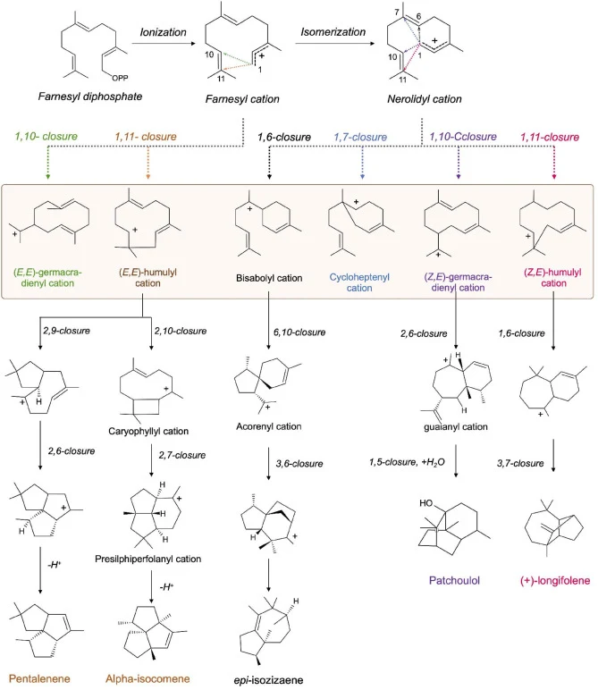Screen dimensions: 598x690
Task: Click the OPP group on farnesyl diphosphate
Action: coord(120,79)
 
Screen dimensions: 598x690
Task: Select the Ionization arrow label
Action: coord(164,32)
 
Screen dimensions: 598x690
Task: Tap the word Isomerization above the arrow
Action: coord(333,31)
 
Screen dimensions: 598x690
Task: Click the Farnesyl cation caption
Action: coord(242,99)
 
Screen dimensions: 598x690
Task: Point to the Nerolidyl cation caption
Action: coord(425,99)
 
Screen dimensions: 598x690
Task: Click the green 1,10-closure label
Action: coord(46,137)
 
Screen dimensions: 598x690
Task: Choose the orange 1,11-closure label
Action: coord(146,137)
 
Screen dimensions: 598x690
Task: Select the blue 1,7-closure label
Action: coord(360,138)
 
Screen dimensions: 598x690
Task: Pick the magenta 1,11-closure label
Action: coord(550,138)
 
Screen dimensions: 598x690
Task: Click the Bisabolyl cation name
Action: coord(269,278)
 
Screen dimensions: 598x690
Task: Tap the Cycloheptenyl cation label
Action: coord(359,282)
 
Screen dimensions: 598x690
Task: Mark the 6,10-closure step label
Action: coord(299,332)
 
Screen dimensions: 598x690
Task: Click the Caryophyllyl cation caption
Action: coord(148,431)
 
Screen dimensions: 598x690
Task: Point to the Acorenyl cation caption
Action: coord(269,426)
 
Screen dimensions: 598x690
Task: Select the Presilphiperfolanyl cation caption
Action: coord(148,559)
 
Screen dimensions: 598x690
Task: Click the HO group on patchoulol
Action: coord(426,503)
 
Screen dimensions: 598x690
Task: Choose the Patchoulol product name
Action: coord(455,580)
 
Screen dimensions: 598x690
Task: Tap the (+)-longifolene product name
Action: coord(555,580)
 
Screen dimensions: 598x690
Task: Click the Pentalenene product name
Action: coord(39,678)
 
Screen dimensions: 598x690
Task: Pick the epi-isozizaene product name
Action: coord(268,680)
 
